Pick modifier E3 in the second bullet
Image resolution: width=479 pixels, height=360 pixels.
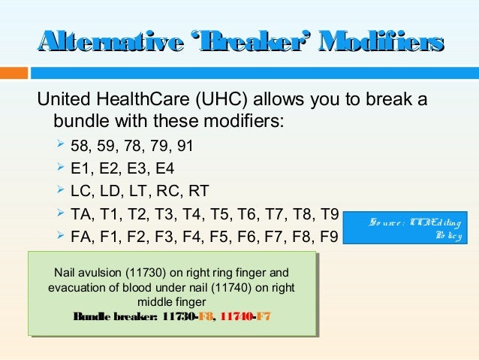[136, 168]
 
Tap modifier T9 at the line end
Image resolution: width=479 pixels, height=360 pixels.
[330, 214]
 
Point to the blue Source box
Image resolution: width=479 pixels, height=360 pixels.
[411, 228]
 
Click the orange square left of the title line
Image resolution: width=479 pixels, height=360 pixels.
[14, 73]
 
